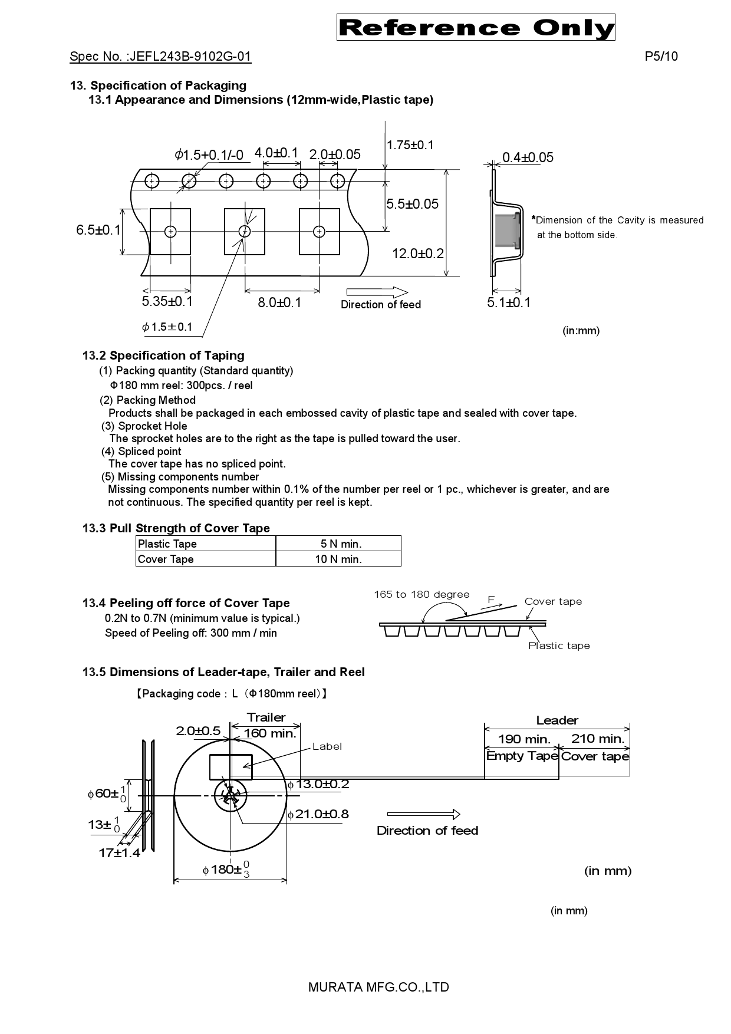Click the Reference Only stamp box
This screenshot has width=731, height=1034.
(476, 28)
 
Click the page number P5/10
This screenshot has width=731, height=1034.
(661, 57)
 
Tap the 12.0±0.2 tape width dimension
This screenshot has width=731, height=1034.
(418, 253)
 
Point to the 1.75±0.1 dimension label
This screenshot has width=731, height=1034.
(410, 145)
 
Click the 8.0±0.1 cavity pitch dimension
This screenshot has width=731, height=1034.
(279, 302)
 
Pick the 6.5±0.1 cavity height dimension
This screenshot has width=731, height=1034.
(98, 230)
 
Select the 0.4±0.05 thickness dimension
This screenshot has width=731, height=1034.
(528, 157)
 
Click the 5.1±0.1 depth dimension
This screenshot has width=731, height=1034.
(509, 302)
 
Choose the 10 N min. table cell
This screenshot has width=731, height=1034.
(338, 559)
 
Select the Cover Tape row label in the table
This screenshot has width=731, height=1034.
(166, 559)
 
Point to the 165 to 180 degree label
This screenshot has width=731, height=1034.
(422, 594)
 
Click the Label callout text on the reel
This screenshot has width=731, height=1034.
(327, 746)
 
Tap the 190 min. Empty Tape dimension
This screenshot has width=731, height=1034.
(523, 739)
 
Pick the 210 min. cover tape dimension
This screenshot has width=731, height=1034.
(597, 739)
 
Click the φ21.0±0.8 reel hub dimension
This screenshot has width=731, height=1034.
(318, 814)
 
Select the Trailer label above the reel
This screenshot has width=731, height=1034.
(266, 717)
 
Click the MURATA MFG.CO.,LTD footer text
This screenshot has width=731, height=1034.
(378, 987)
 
